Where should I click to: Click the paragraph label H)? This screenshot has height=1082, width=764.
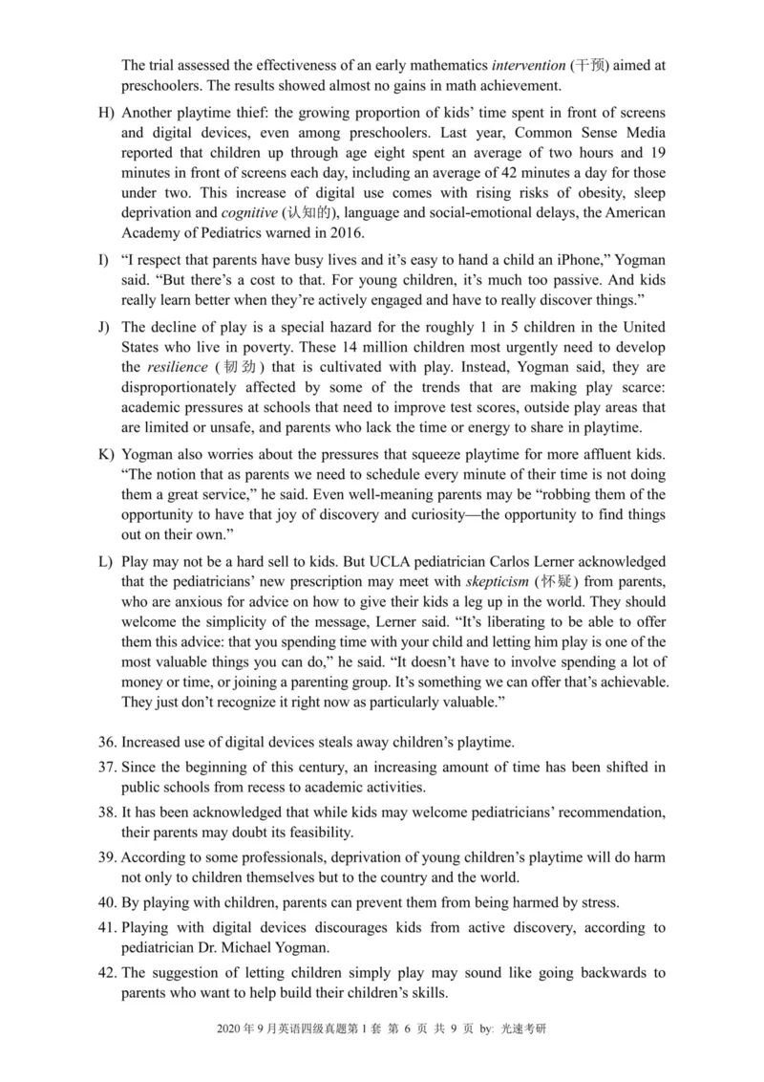click(x=106, y=113)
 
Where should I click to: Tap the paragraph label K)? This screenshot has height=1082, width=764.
click(x=106, y=451)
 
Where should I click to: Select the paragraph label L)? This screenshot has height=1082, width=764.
click(x=106, y=560)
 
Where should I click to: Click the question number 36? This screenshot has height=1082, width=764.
click(x=108, y=742)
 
